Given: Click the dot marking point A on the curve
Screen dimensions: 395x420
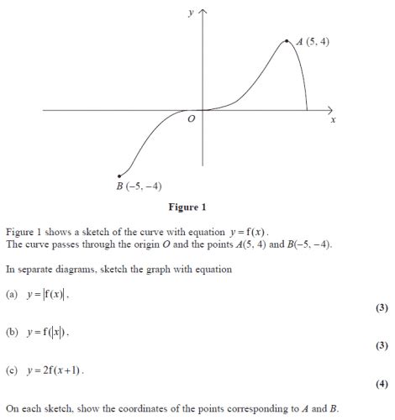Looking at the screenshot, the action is (x=287, y=39).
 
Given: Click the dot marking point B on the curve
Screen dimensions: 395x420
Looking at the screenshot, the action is (x=121, y=176).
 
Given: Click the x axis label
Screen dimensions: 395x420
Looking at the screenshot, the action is (x=333, y=121).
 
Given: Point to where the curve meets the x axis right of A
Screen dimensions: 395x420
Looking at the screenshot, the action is (x=308, y=110).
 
